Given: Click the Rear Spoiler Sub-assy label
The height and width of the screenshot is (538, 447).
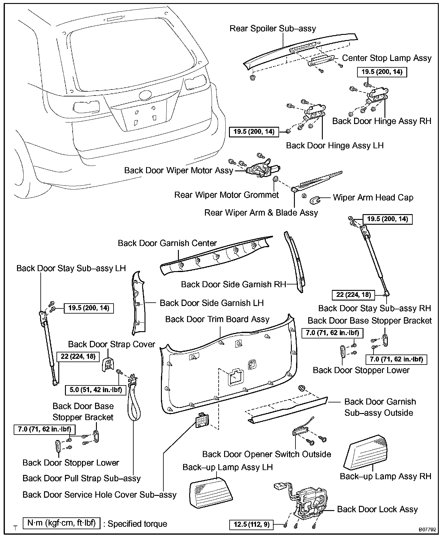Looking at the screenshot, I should (x=272, y=29).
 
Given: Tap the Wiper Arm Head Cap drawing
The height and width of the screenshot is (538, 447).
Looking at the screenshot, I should (x=316, y=200).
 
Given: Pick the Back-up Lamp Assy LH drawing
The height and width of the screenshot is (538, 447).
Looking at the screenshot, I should (x=210, y=493).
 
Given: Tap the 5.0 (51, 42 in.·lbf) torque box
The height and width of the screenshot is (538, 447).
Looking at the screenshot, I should (x=95, y=389).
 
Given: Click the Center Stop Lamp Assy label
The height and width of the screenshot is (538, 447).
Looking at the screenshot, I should (x=387, y=58).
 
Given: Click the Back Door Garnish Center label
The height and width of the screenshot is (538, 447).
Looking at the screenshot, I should (x=167, y=243).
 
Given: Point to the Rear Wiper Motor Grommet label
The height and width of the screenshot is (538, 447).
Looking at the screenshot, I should (x=226, y=195).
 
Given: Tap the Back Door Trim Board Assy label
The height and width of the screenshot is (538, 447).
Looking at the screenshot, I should (x=217, y=319).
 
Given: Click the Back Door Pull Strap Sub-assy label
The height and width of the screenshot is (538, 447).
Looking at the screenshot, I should (x=82, y=478).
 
